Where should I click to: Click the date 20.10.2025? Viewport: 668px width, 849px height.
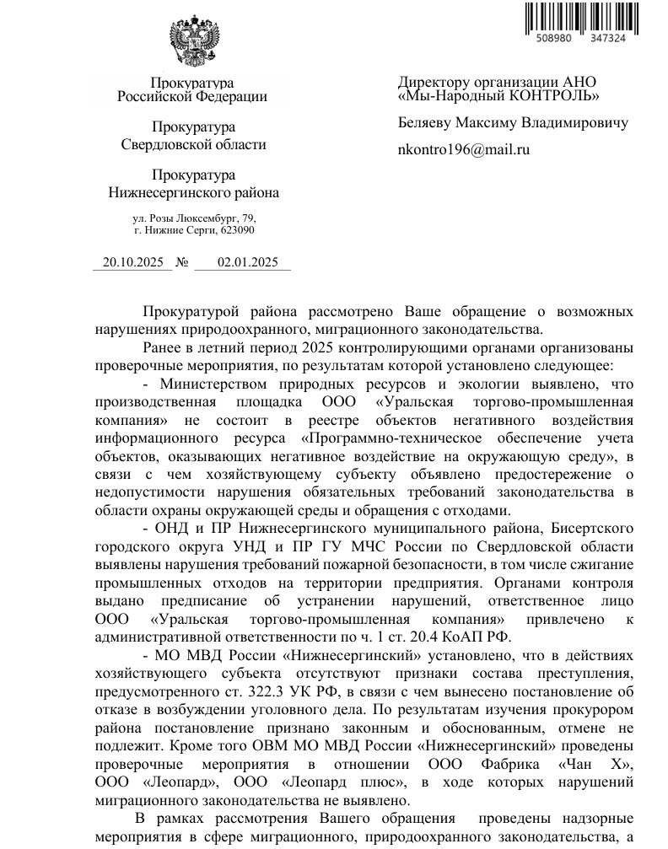point(132,262)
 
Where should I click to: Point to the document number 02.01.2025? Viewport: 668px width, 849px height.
point(247,262)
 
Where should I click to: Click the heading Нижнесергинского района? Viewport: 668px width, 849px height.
point(194,192)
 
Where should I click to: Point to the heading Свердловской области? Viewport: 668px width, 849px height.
point(194,144)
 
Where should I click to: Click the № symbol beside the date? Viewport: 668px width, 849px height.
point(182,262)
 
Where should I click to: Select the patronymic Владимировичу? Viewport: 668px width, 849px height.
point(574,122)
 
